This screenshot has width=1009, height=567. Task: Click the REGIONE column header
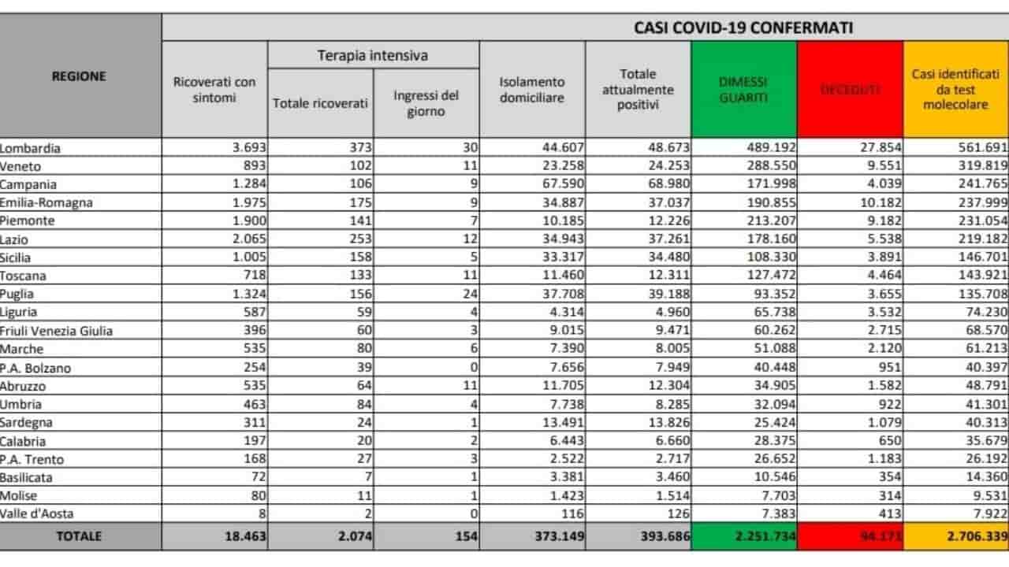pyautogui.click(x=79, y=76)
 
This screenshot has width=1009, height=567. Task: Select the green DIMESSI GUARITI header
pyautogui.click(x=743, y=90)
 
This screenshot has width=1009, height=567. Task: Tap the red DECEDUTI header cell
pyautogui.click(x=850, y=90)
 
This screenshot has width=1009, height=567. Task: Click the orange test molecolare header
pyautogui.click(x=955, y=90)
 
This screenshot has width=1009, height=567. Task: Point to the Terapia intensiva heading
pyautogui.click(x=373, y=56)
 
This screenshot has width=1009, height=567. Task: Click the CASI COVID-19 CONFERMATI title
pyautogui.click(x=743, y=28)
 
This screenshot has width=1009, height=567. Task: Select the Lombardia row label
pyautogui.click(x=31, y=147)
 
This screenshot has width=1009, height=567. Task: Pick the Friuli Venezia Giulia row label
pyautogui.click(x=56, y=331)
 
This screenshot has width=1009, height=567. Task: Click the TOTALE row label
pyautogui.click(x=79, y=535)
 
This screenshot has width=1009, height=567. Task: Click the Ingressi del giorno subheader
pyautogui.click(x=426, y=103)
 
